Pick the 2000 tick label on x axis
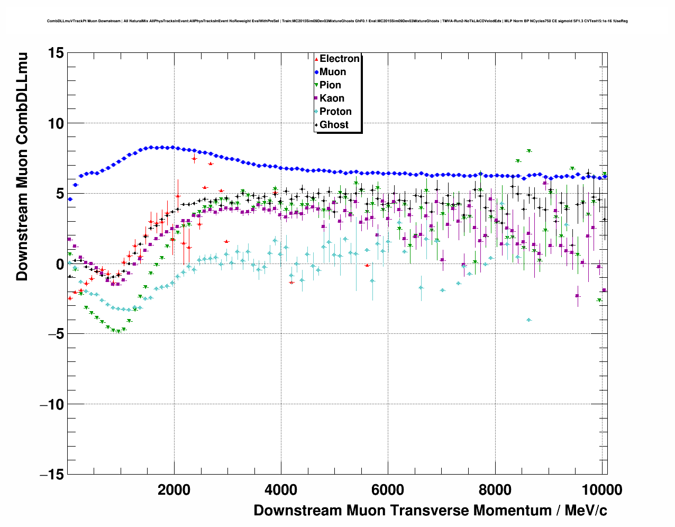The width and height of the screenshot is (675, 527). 174,490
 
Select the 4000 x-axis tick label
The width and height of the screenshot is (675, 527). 281,490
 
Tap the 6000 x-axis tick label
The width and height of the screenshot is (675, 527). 388,490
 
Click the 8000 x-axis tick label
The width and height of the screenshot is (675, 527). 495,490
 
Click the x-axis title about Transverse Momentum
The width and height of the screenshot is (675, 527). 430,511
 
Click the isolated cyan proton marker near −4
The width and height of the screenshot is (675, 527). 528,320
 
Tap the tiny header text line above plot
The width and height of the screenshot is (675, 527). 337,21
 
